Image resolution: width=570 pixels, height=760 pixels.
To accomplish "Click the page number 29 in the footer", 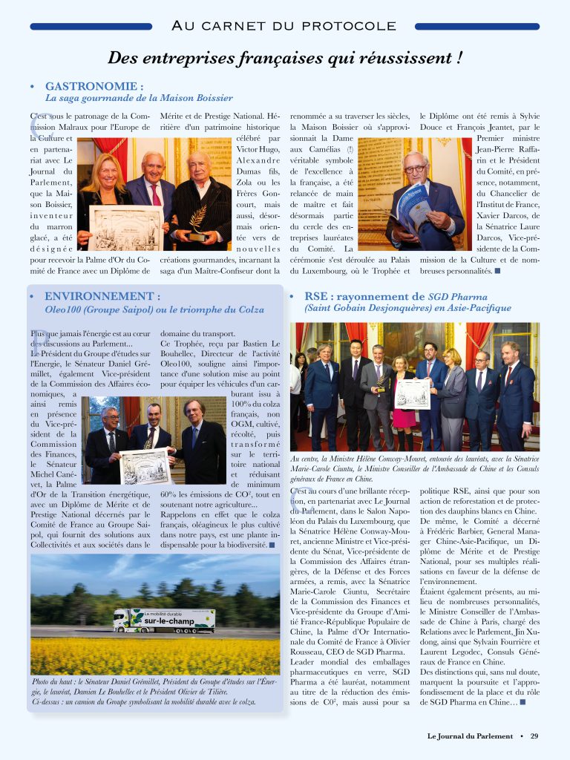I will tap(534, 736).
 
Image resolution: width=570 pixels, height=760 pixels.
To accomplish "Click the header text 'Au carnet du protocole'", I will tap(284, 26).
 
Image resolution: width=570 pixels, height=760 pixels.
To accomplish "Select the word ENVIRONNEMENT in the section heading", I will tap(102, 296).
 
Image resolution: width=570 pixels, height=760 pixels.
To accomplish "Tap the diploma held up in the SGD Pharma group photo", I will tap(412, 393).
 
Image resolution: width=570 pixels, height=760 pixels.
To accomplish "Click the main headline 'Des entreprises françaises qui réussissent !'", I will tap(285, 57).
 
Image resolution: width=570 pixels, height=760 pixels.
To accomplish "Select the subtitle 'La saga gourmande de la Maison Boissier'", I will tap(140, 98).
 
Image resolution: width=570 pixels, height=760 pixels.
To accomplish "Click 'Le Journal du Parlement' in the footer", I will tap(470, 736).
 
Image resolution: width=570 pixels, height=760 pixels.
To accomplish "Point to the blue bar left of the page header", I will tap(91, 27).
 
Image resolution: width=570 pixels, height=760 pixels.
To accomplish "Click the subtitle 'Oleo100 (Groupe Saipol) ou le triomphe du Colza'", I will tap(154, 309).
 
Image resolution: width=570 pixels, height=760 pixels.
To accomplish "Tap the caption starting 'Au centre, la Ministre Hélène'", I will tap(415, 469).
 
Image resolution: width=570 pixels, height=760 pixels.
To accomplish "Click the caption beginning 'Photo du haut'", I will tap(154, 691).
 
